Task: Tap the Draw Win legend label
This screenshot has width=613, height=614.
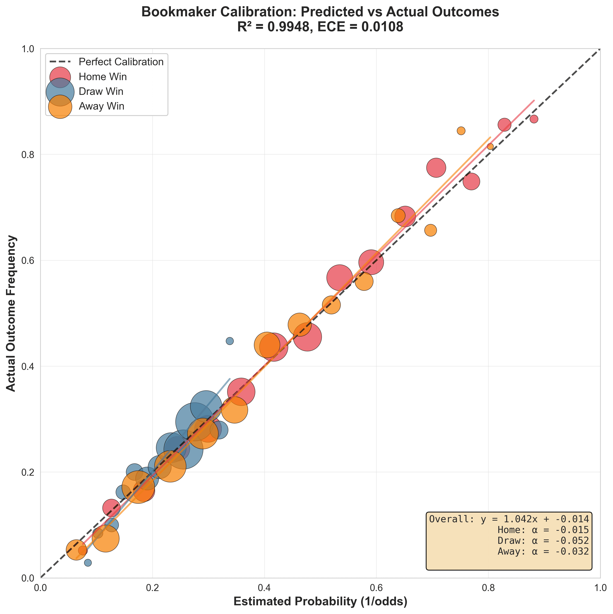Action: coord(101,92)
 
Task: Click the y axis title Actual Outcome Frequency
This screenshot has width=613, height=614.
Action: coord(11,313)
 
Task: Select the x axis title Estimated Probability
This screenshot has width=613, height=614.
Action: coord(320,602)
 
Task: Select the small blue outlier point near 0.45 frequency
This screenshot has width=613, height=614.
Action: coord(230,341)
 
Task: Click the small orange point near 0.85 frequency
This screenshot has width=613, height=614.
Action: coord(461,131)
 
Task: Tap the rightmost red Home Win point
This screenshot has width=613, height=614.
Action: coord(534,119)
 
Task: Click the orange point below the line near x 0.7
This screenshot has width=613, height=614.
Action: coord(430,230)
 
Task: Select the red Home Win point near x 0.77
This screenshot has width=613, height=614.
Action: coord(471,181)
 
